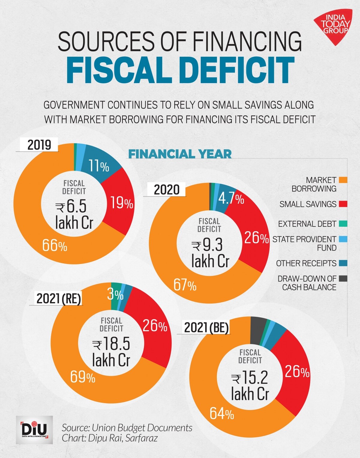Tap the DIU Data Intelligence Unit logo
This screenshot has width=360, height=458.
pos(34,430)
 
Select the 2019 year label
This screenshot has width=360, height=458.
pos(39,145)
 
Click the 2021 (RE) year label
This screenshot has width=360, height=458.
pos(59,299)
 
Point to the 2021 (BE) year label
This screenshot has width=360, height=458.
pos(206,328)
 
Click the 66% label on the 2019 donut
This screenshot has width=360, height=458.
pos(55,246)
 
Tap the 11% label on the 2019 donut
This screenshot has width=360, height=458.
pos(99,166)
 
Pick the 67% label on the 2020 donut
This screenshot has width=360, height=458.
pos(185,285)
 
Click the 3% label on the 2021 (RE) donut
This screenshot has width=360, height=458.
pos(115,295)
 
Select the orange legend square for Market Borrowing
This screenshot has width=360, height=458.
pos(343,180)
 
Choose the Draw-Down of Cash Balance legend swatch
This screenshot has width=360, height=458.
pos(343,279)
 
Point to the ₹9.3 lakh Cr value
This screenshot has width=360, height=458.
pos(210,253)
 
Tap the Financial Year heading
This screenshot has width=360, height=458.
pos(180,154)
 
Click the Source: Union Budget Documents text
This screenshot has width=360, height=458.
pos(127,427)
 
